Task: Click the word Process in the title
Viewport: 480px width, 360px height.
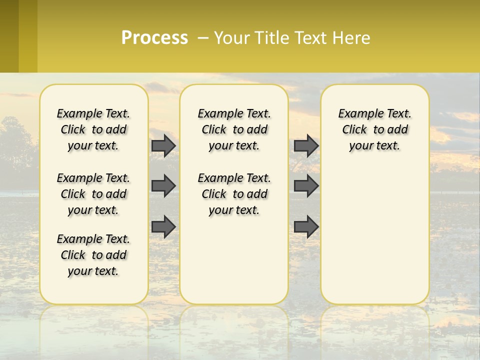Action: pos(154,38)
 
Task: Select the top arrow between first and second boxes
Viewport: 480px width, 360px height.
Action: pos(163,145)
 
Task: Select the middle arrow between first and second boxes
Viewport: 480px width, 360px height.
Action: pos(163,186)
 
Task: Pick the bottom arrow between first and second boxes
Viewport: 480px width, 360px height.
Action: pos(163,226)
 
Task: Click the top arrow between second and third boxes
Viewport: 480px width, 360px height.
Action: pos(306,145)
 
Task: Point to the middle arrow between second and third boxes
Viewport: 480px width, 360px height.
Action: pos(306,186)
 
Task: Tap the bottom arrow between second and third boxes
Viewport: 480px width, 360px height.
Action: pos(306,226)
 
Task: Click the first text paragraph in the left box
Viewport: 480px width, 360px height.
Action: pos(93,129)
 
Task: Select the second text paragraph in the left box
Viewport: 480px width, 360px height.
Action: pos(93,194)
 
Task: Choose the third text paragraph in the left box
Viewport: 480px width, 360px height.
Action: pos(93,255)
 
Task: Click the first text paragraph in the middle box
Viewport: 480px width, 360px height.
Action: pos(234,129)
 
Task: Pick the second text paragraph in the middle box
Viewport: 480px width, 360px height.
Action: pos(234,194)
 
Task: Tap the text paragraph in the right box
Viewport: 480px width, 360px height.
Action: pos(375,129)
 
